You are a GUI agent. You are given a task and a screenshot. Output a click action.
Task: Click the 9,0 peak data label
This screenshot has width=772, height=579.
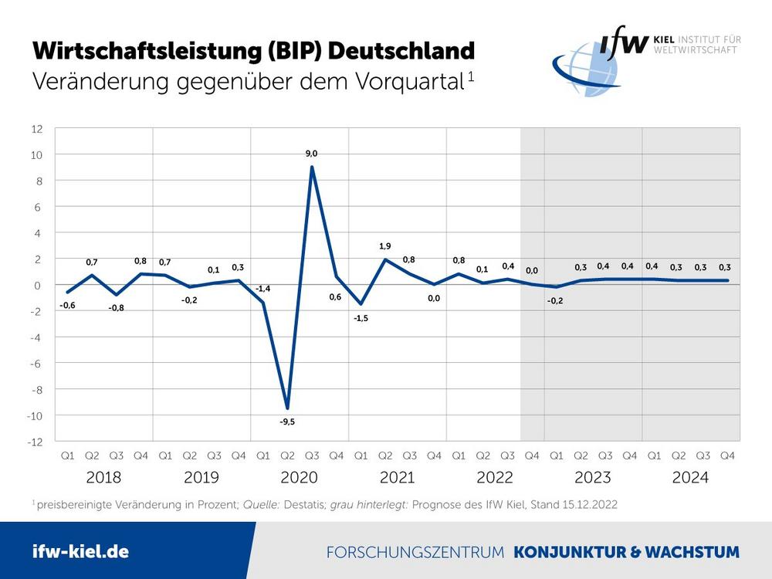pos(311,154)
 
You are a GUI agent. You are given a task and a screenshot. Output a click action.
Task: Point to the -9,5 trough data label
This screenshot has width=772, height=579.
pos(287,422)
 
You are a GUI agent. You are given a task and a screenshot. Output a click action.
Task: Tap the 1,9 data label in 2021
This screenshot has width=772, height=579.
pos(385,246)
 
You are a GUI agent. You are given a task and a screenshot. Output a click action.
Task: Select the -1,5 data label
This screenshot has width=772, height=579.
pos(361,318)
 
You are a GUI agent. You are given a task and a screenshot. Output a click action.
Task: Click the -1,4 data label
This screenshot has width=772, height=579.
pos(263,288)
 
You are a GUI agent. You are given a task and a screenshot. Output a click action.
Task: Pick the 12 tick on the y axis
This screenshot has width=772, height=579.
pos(37,128)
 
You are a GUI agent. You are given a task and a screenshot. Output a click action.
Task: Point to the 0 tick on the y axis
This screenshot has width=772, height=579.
pos(39,285)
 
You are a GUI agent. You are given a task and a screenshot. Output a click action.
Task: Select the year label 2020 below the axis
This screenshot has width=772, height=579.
pos(299,477)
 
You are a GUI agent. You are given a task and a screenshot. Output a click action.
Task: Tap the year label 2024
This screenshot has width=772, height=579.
pos(690,477)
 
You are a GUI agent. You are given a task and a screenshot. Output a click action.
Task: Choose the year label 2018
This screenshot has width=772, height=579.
pos(103,477)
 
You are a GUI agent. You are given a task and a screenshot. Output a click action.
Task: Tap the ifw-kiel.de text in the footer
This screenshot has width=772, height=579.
pos(80,551)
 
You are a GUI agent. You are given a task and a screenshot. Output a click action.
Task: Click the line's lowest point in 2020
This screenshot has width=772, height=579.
pos(287,408)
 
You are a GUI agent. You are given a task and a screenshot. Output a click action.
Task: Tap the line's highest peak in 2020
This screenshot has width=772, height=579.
pos(311,167)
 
